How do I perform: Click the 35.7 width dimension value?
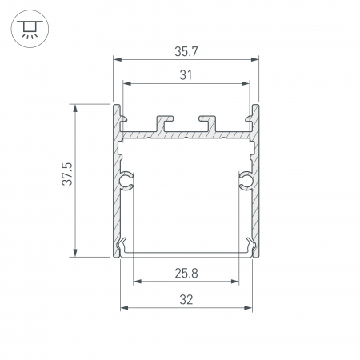pos(186,51)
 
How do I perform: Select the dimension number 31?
pos(186,75)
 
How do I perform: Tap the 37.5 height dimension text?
pos(67,174)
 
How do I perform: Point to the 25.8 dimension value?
pos(186,274)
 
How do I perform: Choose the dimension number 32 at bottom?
pos(186,300)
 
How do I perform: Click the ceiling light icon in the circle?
pos(30,29)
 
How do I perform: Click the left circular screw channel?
pos(126,181)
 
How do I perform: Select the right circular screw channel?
pos(246,181)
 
